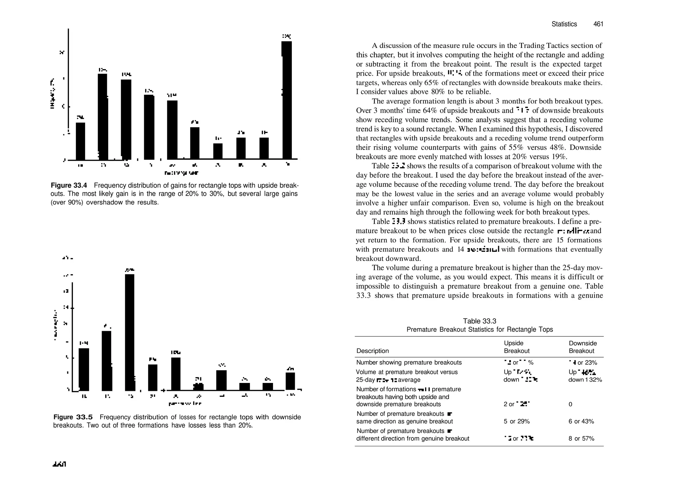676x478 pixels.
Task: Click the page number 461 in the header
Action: click(x=598, y=24)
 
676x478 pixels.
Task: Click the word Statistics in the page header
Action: click(x=564, y=24)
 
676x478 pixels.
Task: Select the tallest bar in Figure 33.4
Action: click(x=287, y=100)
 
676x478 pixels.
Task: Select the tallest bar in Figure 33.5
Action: click(x=130, y=332)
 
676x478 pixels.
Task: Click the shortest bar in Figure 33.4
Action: click(x=218, y=151)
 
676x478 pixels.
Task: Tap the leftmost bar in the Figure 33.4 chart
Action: click(x=81, y=141)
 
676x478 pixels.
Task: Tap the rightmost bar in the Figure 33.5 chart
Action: click(x=290, y=381)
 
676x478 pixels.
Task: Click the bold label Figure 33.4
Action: click(x=69, y=185)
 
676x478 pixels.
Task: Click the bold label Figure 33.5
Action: click(x=73, y=417)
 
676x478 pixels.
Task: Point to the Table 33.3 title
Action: click(x=479, y=321)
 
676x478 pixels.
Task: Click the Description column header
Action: click(x=372, y=351)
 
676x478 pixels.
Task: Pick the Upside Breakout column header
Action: click(x=516, y=347)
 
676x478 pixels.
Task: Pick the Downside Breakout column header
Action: click(x=583, y=347)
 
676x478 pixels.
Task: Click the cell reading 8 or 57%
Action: click(x=581, y=439)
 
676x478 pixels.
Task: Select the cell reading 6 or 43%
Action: click(x=581, y=422)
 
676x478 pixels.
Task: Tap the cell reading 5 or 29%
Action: click(x=517, y=422)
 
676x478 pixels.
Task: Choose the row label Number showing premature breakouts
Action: click(x=409, y=362)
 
